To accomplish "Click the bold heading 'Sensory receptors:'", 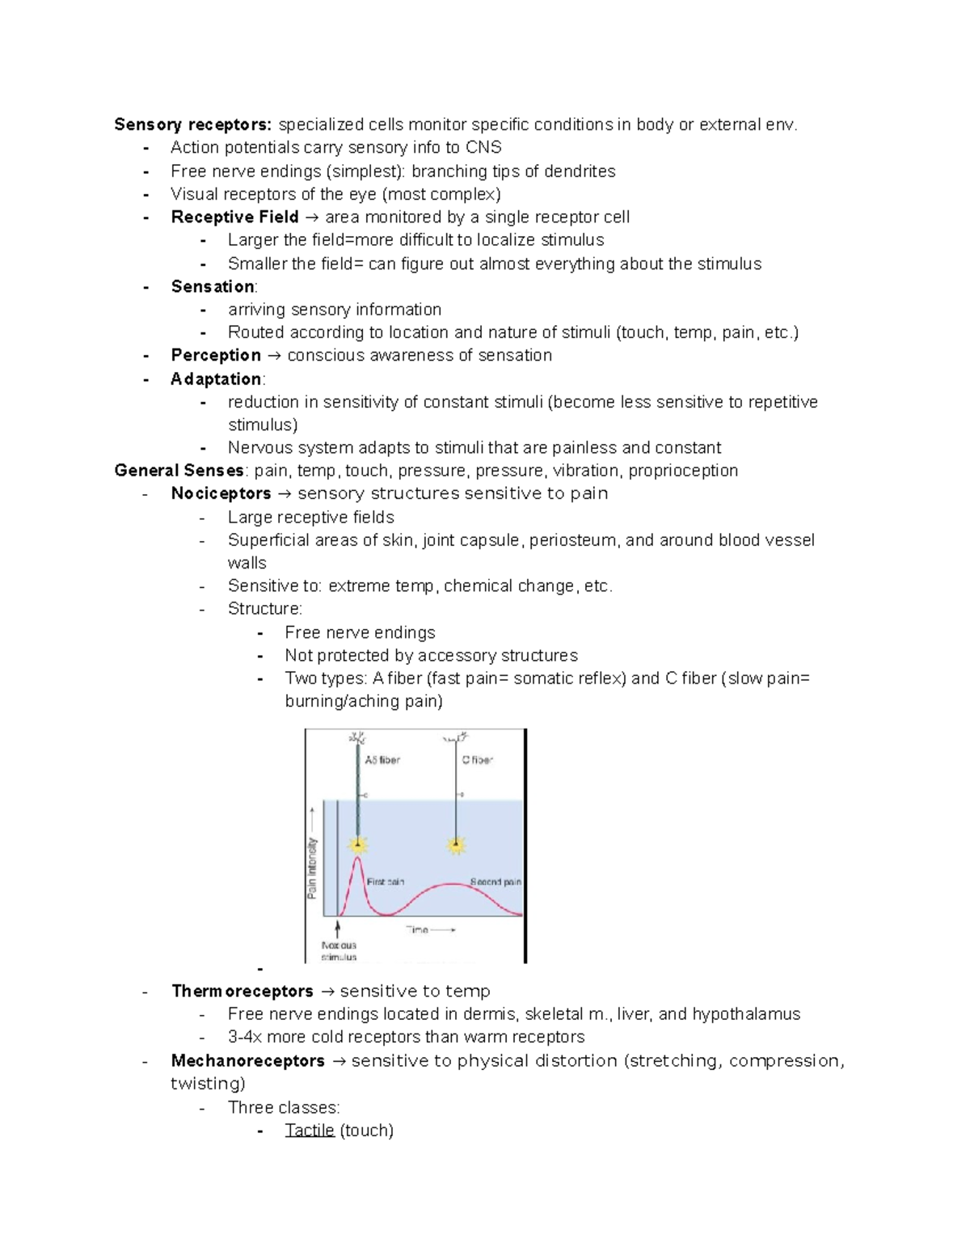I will [x=193, y=125].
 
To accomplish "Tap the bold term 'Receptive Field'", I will [x=234, y=218].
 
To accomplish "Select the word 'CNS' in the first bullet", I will [x=483, y=147].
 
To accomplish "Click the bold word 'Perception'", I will [x=216, y=356].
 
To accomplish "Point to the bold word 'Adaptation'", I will [x=216, y=379].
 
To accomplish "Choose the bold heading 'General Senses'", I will [x=179, y=471].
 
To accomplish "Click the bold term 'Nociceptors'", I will [x=221, y=494].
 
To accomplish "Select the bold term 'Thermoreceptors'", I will [x=242, y=992].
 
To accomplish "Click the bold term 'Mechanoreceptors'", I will [x=247, y=1061].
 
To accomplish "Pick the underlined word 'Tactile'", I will [x=309, y=1131].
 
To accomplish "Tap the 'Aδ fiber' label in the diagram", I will [x=382, y=760].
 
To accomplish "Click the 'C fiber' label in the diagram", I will [x=477, y=760].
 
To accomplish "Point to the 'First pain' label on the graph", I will [x=386, y=882].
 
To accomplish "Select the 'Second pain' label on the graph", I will [x=496, y=882].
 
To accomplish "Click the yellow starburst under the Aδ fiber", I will [x=358, y=846].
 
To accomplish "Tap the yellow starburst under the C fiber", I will [x=457, y=846].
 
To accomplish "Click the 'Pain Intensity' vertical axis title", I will [x=312, y=867].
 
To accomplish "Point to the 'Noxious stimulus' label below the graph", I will [x=339, y=951].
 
